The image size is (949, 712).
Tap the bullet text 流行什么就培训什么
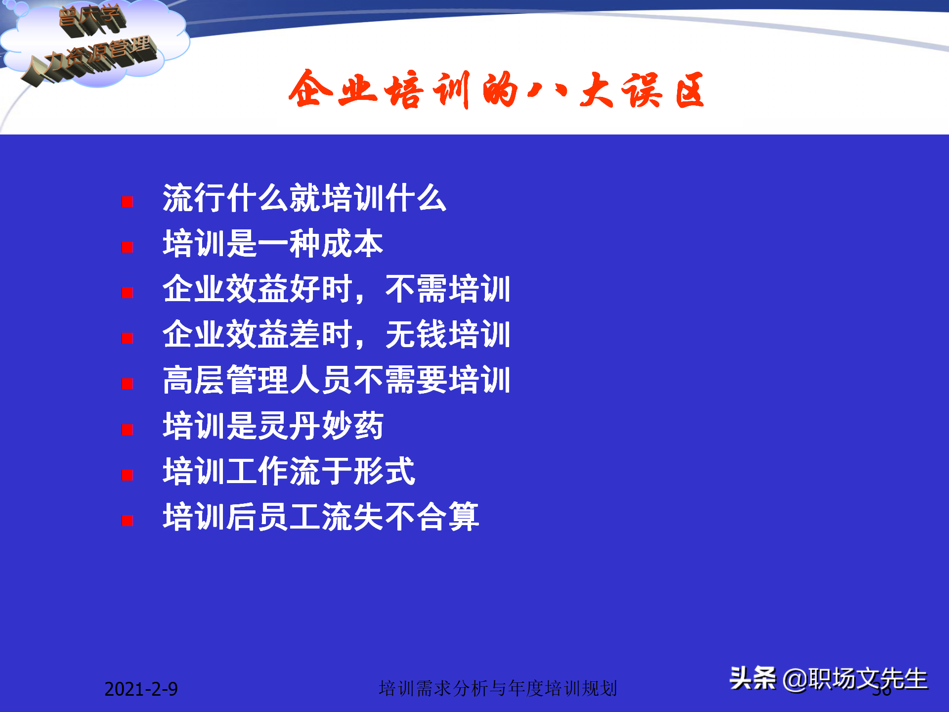point(304,198)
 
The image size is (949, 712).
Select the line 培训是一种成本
point(273,244)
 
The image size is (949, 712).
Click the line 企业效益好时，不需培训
point(336,289)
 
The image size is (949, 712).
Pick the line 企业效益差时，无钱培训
point(336,335)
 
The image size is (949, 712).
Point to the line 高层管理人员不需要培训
point(336,380)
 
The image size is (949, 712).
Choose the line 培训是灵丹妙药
point(273,426)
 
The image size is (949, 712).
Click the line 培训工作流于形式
point(289,471)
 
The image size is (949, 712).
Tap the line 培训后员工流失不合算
point(320,517)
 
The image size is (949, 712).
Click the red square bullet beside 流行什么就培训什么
point(127,202)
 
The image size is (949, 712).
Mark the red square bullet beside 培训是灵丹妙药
point(127,429)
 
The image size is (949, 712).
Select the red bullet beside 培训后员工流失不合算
point(127,520)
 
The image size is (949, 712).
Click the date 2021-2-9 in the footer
point(141,689)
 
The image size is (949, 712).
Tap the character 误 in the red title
point(641,90)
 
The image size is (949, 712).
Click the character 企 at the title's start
point(310,89)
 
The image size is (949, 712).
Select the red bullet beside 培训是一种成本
point(127,247)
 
